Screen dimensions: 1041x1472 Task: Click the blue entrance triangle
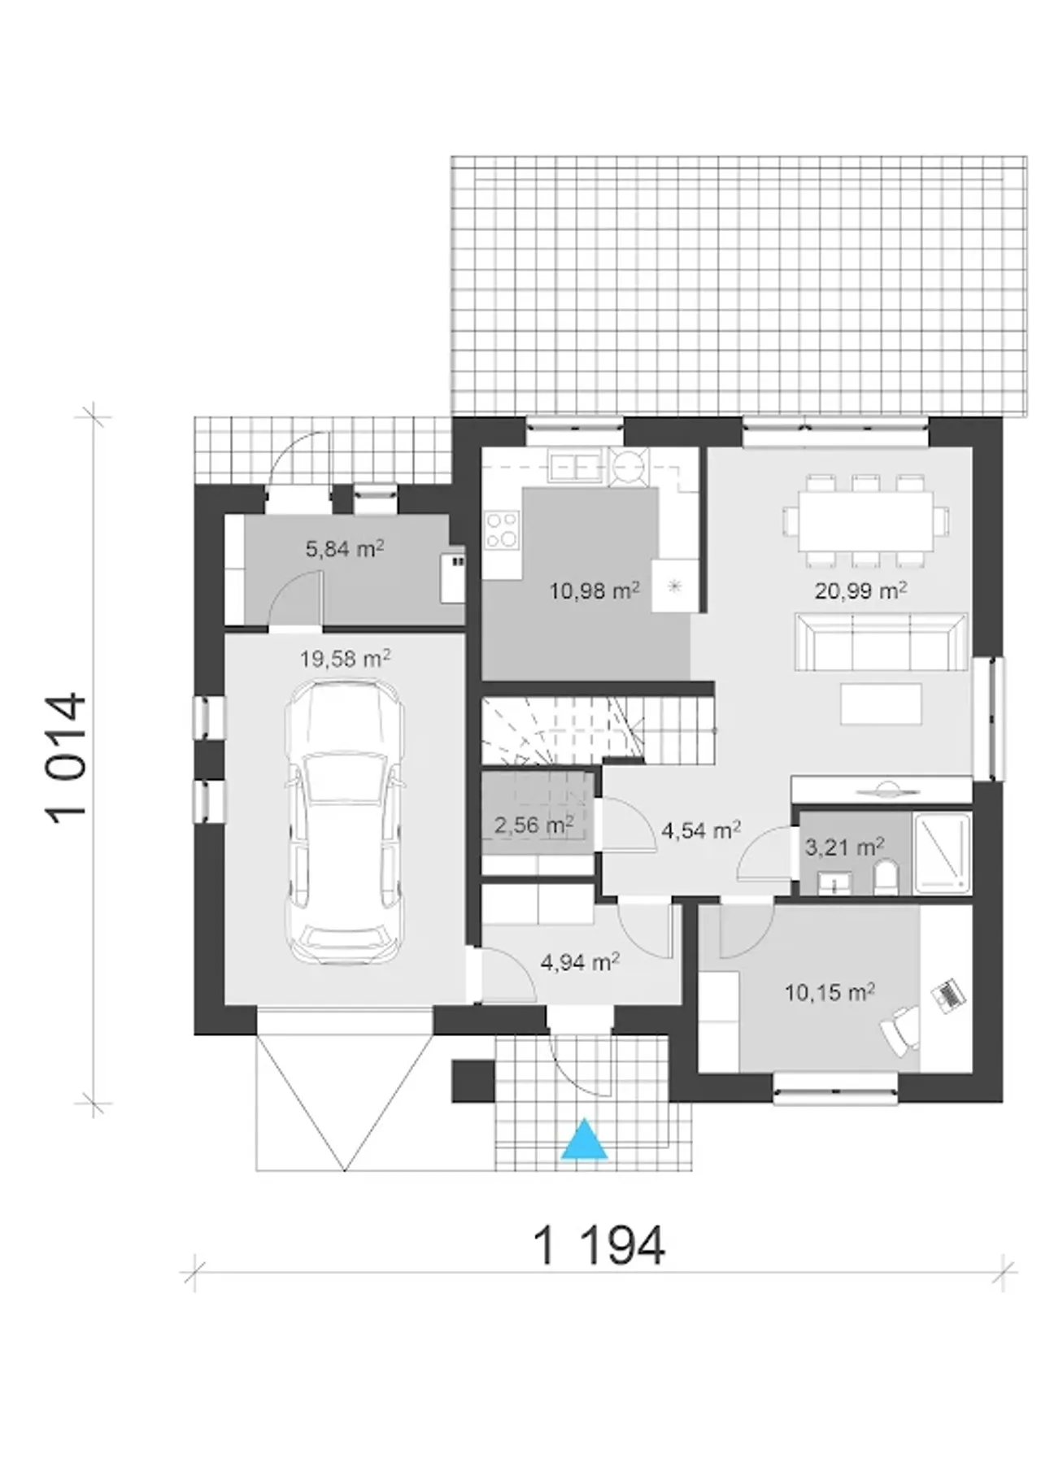coord(584,1139)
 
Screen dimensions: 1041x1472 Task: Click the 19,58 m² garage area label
coord(345,658)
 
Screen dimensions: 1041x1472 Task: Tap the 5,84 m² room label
coord(345,549)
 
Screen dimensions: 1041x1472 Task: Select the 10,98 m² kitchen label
coord(594,590)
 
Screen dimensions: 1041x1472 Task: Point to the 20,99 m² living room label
coord(861,590)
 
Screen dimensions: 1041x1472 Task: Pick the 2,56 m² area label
coord(534,825)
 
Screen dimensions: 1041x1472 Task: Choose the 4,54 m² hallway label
coord(701,830)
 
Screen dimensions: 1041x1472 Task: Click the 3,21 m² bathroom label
coord(844,847)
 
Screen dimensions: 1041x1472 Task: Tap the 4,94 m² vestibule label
coord(581,963)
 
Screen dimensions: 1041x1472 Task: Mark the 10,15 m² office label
coord(830,991)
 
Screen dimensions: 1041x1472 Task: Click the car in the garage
coord(344,821)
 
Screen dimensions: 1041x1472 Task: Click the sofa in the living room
coord(882,641)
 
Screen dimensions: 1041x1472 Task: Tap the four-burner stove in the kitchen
coord(502,529)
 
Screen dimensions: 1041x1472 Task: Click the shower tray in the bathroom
coord(942,853)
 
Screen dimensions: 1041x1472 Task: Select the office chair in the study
coord(900,1029)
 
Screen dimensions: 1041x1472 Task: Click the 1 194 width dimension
coord(599,1245)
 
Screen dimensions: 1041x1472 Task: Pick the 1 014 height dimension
coord(67,756)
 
